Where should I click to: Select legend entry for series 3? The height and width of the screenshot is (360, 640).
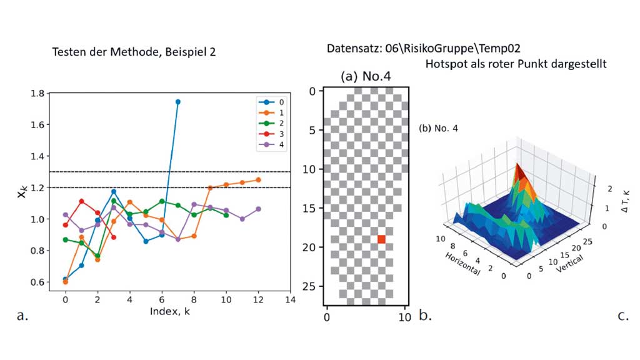[x=275, y=134]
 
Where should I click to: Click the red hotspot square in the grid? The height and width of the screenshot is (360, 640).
[x=381, y=239]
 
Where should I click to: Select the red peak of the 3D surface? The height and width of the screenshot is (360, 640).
[x=518, y=169]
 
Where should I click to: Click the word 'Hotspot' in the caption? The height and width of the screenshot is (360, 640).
[x=445, y=64]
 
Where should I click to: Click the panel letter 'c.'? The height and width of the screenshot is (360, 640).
[x=623, y=316]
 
